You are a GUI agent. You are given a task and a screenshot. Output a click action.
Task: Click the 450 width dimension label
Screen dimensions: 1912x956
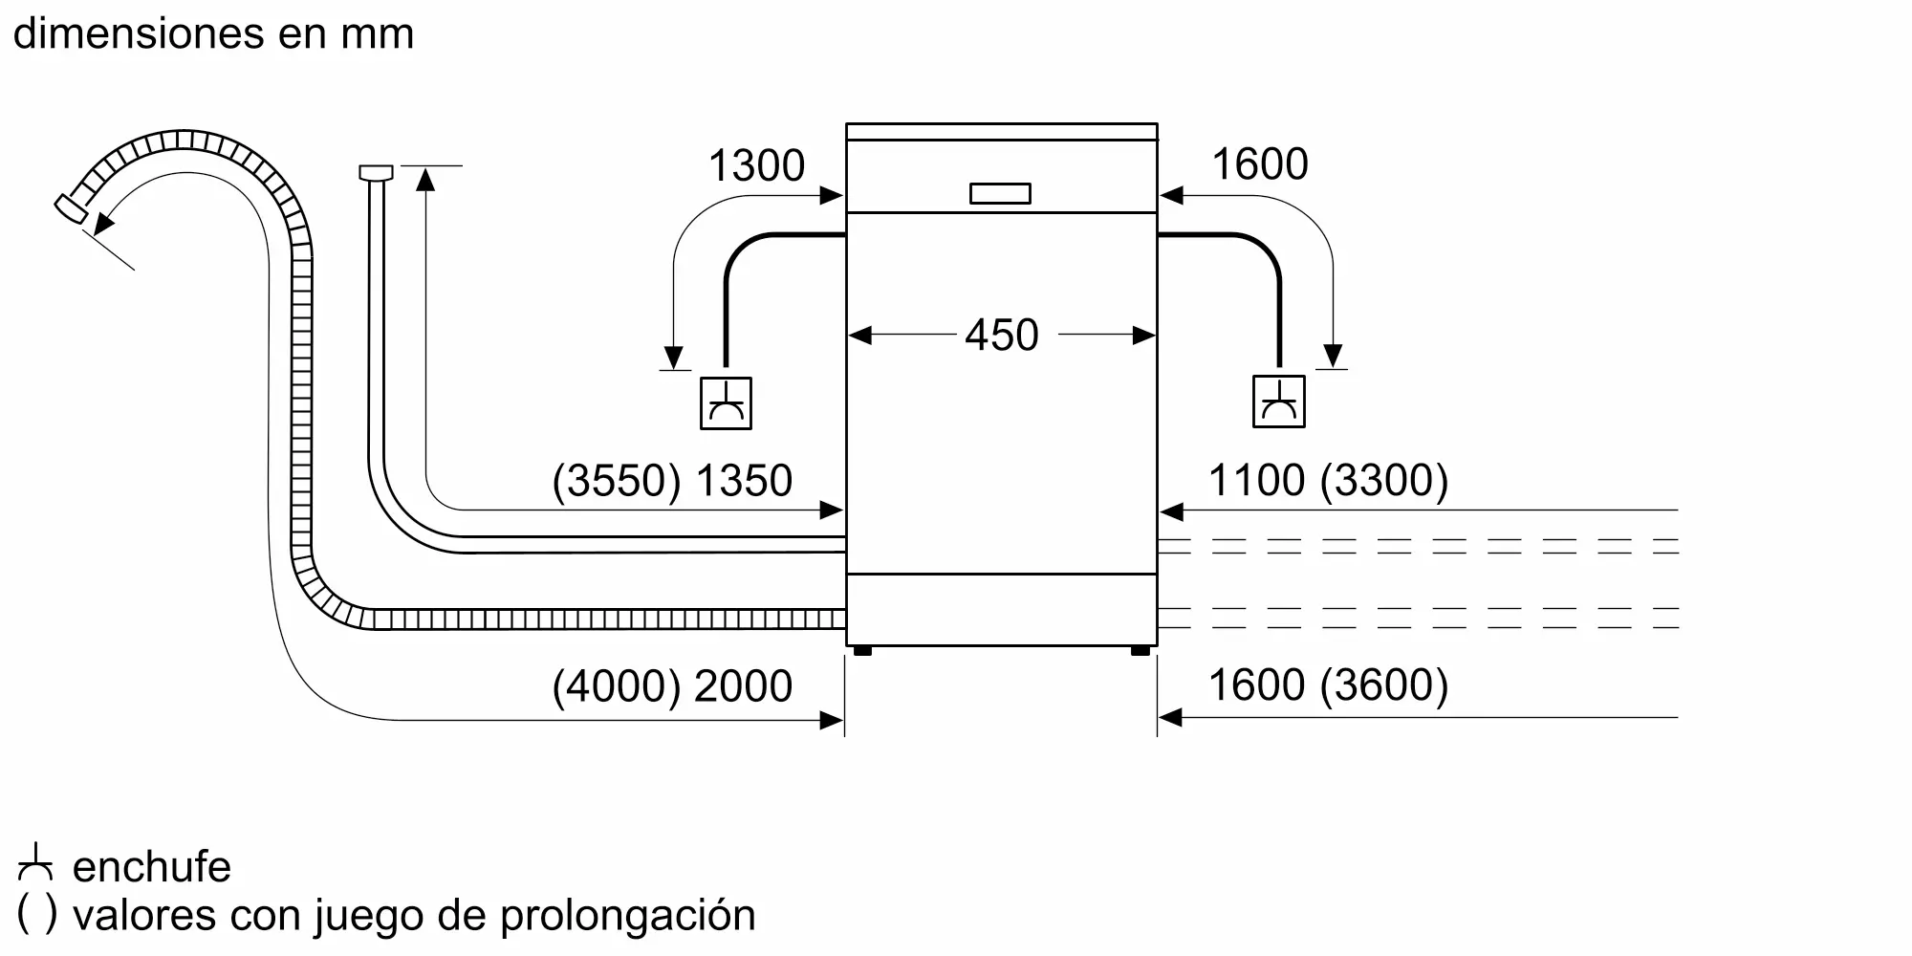tap(1001, 335)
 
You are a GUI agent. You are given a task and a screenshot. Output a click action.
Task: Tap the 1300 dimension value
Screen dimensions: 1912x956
tap(756, 165)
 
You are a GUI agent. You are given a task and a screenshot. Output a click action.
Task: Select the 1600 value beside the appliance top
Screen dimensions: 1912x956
tap(1260, 163)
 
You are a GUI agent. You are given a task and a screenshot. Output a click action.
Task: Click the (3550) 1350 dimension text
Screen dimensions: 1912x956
tap(672, 480)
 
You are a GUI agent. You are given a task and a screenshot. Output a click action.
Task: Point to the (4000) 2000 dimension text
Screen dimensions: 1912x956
tap(672, 685)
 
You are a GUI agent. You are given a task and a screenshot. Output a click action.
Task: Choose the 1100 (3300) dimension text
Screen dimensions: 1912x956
tap(1329, 480)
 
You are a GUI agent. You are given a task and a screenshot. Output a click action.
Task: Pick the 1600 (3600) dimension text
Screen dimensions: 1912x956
tap(1329, 684)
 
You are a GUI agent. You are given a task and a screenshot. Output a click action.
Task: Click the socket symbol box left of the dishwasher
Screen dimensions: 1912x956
tap(726, 402)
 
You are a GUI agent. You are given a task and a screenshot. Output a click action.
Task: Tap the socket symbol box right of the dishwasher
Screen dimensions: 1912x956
tap(1278, 402)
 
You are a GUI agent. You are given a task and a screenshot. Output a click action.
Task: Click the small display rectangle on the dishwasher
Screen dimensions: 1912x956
tap(1000, 193)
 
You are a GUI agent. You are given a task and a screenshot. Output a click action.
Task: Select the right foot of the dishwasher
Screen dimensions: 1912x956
tap(1140, 651)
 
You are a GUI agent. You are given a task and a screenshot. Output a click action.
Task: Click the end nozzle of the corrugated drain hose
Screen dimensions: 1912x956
tap(69, 210)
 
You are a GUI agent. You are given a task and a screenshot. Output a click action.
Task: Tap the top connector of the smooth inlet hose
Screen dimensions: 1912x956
tap(376, 173)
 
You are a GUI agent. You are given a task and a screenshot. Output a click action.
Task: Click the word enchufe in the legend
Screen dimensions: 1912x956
tap(152, 866)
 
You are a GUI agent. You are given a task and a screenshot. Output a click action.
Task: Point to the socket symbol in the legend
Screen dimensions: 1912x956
tap(35, 862)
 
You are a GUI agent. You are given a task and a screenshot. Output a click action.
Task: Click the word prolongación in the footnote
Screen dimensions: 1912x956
tap(627, 916)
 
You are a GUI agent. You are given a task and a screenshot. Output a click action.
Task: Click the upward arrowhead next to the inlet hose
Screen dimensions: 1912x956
tap(425, 178)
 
